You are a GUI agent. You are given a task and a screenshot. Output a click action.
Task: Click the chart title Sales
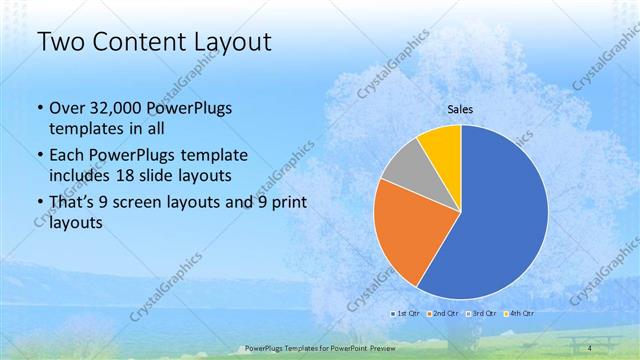(460, 110)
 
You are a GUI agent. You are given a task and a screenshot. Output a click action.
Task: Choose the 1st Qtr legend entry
(406, 314)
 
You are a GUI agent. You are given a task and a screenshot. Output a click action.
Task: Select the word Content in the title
(139, 43)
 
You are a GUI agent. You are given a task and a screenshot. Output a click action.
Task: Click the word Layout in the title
(233, 43)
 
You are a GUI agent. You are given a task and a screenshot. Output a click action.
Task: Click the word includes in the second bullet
(81, 174)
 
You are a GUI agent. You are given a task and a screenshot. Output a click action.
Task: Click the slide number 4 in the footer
(591, 348)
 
